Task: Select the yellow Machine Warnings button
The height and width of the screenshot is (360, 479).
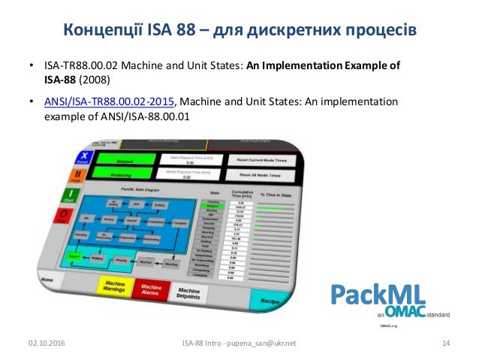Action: (x=113, y=286)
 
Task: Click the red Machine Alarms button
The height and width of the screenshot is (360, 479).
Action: (x=152, y=288)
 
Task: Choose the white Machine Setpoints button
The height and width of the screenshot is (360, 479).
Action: (x=188, y=292)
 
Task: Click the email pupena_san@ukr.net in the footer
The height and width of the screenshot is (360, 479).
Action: (x=262, y=343)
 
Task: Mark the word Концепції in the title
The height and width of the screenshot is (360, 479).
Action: (x=95, y=31)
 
